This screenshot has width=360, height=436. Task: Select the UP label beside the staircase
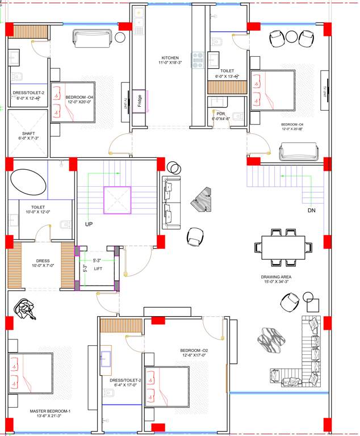pos(89,224)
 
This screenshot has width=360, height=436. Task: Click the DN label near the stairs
pos(311,211)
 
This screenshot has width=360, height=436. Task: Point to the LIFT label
pos(98,269)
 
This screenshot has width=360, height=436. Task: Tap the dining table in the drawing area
pos(283,248)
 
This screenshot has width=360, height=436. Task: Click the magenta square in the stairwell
pos(117,200)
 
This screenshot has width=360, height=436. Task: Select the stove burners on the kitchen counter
pos(198,60)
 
